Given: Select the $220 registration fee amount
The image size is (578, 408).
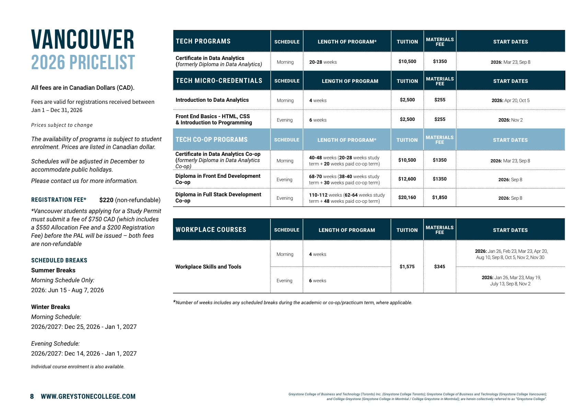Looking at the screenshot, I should (x=106, y=200).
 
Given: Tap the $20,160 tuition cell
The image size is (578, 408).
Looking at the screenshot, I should (x=407, y=198).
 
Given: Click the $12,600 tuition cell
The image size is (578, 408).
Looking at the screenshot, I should (x=407, y=179).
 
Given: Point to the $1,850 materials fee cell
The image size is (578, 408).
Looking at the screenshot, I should (x=439, y=198).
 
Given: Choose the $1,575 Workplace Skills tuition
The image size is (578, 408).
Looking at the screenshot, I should (x=407, y=267).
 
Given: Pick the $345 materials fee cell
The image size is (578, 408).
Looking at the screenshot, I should (x=439, y=267).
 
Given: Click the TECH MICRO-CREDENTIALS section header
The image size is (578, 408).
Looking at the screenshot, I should (x=219, y=81).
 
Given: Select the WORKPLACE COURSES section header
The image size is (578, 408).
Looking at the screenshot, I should (x=211, y=230).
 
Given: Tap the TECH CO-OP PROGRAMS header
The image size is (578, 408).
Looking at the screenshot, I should (x=211, y=140).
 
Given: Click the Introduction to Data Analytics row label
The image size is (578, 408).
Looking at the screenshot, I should (x=212, y=100).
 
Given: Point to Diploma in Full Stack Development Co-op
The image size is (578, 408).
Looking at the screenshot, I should (x=218, y=198).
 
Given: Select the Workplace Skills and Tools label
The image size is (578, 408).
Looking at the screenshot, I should (x=208, y=267).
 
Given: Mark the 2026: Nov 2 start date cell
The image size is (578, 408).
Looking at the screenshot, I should (x=510, y=120).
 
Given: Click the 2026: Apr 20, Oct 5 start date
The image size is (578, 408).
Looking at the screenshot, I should (x=510, y=100).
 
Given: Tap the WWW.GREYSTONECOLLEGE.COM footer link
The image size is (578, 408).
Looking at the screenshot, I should (x=88, y=397).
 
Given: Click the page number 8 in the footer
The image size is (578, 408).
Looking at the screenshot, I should (x=32, y=397).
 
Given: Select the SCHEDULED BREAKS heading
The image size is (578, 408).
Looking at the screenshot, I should (x=59, y=260).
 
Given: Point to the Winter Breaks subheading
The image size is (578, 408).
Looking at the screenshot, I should (x=50, y=307).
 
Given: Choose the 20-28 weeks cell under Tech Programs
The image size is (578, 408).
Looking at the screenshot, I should (x=323, y=62).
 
